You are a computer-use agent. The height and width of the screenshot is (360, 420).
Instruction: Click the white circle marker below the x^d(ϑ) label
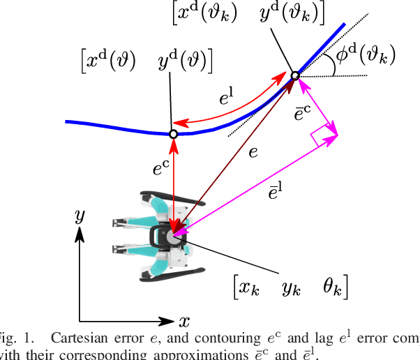[x=174, y=133]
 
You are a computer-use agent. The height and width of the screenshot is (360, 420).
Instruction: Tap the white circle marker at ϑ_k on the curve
[x=295, y=75]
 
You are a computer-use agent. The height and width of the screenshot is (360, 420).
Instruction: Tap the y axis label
[x=80, y=216]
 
